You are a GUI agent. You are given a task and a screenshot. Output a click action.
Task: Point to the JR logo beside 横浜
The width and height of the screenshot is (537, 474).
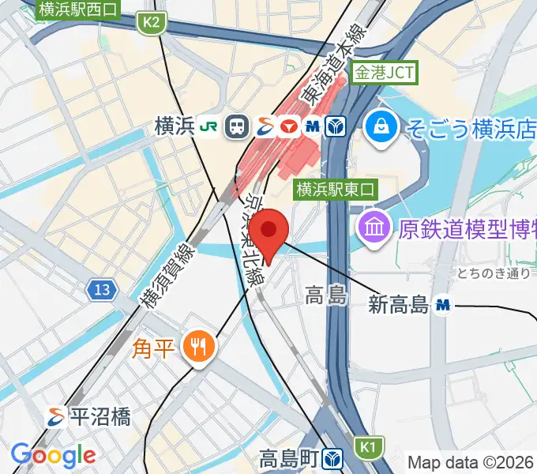coord(208,126)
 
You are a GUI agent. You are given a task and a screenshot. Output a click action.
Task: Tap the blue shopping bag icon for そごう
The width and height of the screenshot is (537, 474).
coord(381,126)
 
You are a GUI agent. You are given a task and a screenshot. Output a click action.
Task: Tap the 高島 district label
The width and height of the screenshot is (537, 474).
coord(325,296)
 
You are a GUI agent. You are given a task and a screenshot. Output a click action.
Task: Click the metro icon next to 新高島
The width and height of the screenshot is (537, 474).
coord(444,304)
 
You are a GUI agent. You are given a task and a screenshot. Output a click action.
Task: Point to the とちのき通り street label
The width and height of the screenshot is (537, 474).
coord(493,273)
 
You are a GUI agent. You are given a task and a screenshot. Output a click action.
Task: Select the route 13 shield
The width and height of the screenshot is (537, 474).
coord(100,290)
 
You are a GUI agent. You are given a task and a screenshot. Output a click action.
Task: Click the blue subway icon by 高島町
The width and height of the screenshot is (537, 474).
coord(336,457)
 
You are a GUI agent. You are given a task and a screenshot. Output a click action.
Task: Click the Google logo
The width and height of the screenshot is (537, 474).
coord(53,455)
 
